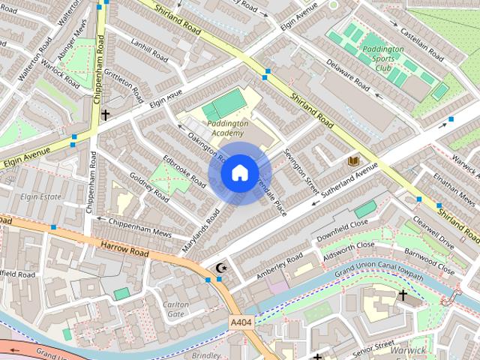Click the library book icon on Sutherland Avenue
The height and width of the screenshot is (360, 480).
pyautogui.click(x=353, y=161)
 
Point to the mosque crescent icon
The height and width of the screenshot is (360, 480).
pyautogui.click(x=220, y=268)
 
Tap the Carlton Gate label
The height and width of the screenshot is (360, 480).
pyautogui.click(x=175, y=309)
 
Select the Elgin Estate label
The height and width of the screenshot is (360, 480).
pyautogui.click(x=40, y=197)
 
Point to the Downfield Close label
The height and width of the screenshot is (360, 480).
pyautogui.click(x=342, y=223)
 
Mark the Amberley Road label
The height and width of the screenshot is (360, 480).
pyautogui.click(x=279, y=264)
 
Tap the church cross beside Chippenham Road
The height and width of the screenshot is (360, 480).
pyautogui.click(x=105, y=115)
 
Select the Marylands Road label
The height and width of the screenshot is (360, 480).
pyautogui.click(x=200, y=230)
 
